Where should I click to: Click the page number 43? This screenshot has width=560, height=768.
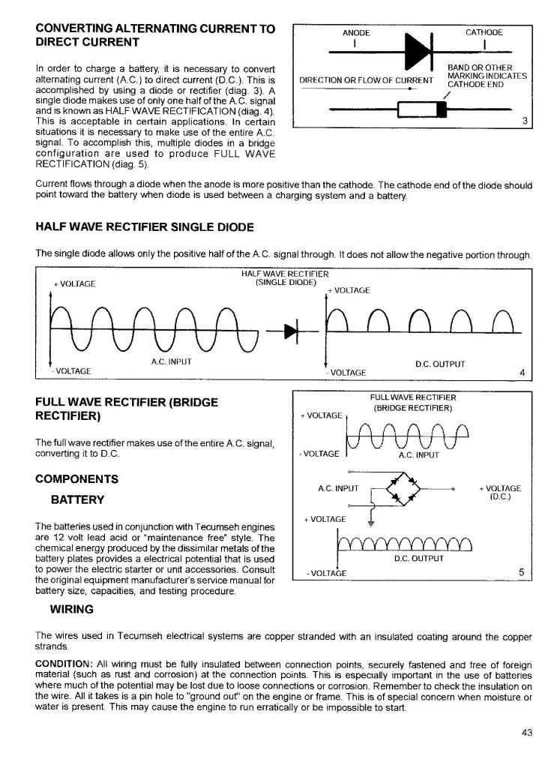point(526,733)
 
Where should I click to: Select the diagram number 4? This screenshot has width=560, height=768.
point(522,372)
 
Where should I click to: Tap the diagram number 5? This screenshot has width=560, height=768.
point(521,573)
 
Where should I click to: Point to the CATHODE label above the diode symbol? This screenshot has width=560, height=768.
point(484,32)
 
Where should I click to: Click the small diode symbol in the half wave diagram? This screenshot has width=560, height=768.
point(289,331)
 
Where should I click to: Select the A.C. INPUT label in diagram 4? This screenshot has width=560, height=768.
point(172,361)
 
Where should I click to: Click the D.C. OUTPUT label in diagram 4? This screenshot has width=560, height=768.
point(440,364)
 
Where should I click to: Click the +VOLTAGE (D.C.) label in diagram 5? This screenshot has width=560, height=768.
point(499,493)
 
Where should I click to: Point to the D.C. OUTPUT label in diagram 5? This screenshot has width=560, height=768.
point(419,557)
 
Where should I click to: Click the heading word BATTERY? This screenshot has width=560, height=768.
point(77,499)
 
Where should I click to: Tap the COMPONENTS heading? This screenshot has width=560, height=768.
point(76,478)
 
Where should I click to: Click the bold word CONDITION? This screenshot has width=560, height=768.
point(63,665)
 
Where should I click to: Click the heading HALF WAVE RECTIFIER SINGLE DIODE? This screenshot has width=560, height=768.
point(145,226)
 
